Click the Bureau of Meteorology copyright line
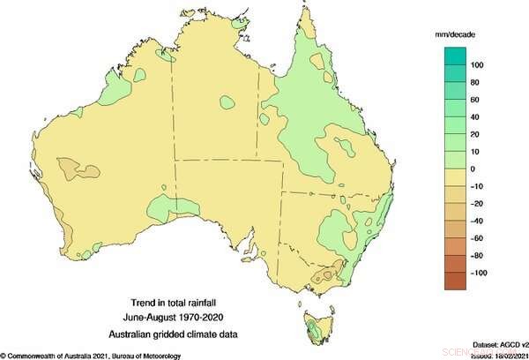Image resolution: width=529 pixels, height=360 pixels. [93, 356]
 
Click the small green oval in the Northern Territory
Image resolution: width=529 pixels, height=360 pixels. [227, 102]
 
